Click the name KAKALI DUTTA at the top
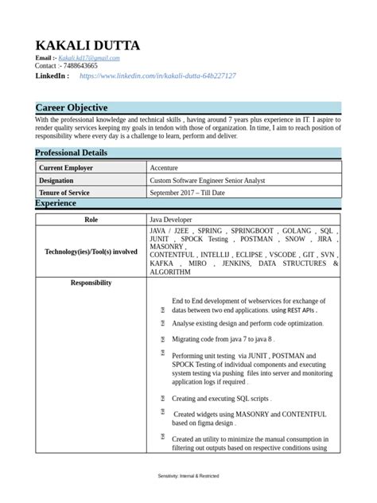point(87,45)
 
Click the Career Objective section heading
point(72,107)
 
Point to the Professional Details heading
point(81,153)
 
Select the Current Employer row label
point(66,169)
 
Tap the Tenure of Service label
point(64,193)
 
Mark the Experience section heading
point(57,204)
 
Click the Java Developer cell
point(171,219)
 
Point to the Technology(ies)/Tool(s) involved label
point(91,251)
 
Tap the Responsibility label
point(91,283)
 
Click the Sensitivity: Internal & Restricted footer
point(188,475)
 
